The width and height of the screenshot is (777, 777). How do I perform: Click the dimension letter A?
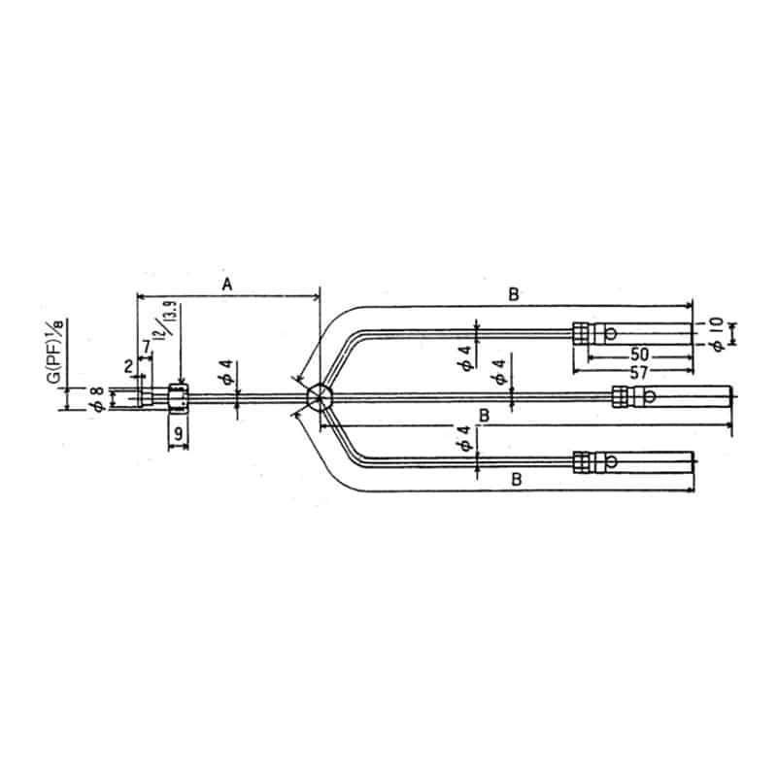227,284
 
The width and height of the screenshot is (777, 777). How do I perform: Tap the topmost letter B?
515,292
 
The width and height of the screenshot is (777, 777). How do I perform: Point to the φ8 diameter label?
96,398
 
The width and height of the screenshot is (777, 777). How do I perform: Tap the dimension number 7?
146,347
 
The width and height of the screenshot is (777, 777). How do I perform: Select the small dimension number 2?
128,366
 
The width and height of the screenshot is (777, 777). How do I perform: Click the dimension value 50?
639,355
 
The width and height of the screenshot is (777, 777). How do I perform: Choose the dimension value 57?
639,373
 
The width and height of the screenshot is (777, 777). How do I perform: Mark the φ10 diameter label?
717,331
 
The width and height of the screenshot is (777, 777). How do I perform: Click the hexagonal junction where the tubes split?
318,397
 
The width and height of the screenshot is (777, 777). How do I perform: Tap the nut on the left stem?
178,397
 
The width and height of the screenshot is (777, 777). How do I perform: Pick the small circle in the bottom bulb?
611,462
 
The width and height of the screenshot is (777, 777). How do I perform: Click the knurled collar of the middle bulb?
620,396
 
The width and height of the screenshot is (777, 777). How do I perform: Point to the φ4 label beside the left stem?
225,376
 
